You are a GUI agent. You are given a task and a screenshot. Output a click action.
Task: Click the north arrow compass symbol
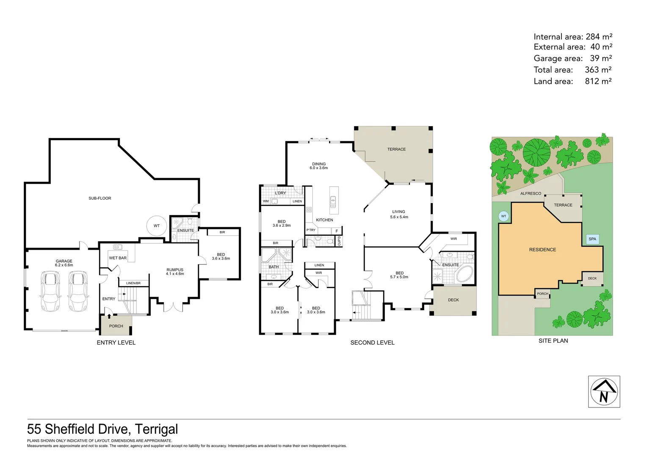point(604,391)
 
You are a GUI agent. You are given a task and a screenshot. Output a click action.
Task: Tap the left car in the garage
point(50,292)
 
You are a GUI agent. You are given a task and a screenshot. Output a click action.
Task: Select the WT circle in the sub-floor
point(157,226)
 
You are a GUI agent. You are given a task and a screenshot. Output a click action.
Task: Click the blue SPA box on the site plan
point(592,239)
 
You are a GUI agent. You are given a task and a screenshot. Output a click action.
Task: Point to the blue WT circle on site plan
point(503,216)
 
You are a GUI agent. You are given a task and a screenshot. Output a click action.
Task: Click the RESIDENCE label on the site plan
point(542,250)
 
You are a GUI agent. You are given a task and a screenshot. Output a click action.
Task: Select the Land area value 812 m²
point(598,81)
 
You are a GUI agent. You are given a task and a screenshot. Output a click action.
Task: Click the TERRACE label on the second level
point(396,149)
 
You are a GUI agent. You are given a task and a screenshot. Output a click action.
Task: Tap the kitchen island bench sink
point(333,201)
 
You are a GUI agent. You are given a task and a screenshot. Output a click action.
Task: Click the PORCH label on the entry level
point(116,326)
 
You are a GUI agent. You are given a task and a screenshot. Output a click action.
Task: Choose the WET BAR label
point(118,258)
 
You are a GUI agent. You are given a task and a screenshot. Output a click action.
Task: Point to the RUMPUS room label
point(175,270)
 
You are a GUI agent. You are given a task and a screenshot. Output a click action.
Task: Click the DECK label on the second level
point(453,300)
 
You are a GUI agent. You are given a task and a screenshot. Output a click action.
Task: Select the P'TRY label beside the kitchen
point(311,230)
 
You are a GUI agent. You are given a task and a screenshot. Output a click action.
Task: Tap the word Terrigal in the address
point(157,429)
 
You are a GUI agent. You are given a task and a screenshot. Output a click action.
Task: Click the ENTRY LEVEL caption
point(116,343)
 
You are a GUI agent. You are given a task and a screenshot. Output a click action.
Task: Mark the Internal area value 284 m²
point(599,37)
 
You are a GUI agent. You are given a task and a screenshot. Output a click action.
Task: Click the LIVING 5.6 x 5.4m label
point(399,214)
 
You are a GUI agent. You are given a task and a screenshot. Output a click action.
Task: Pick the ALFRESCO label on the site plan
point(531,193)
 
